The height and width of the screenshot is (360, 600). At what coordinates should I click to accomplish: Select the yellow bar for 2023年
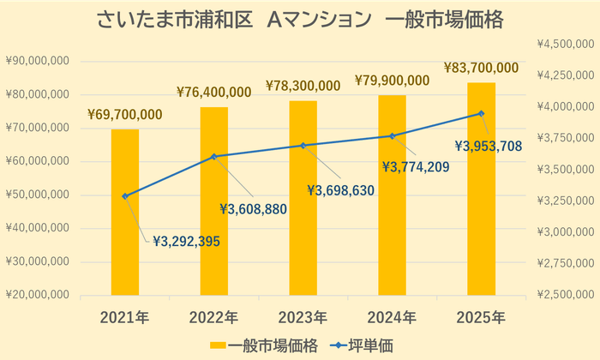tap(303, 198)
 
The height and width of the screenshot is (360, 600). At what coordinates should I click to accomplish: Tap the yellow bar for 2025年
tap(481, 189)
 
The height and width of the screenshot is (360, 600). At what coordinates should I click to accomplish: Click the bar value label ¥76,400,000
tap(213, 92)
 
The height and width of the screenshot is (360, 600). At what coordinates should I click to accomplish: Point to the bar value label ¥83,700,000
tap(481, 67)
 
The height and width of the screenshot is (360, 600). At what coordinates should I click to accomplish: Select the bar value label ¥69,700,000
tap(125, 114)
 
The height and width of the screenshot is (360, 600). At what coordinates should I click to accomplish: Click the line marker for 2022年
tap(213, 156)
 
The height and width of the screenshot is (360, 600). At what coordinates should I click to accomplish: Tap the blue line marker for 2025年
tap(481, 113)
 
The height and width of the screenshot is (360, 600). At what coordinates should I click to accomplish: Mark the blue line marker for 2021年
tap(125, 196)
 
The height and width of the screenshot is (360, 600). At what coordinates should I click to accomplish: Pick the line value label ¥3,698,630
tap(341, 190)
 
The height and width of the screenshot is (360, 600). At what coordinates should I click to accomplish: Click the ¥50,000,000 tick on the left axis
tap(39, 195)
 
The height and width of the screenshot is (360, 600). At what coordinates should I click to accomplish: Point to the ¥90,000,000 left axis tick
tap(39, 62)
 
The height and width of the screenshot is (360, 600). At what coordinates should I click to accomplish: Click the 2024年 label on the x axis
tap(392, 318)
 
